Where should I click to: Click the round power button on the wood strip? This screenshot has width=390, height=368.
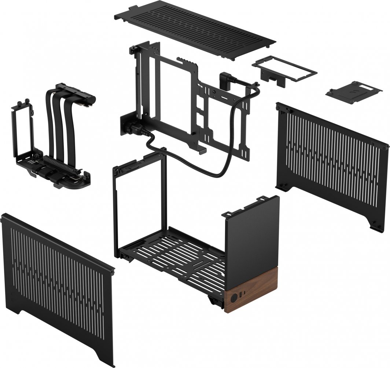(232, 297)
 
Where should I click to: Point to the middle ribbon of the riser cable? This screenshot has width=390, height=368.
(61, 125)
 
